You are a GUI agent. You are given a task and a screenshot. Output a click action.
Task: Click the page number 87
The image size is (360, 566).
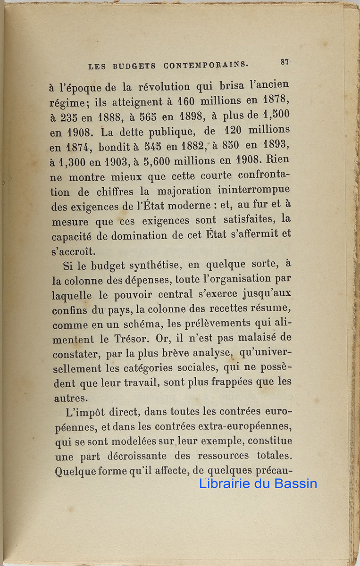(285, 62)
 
